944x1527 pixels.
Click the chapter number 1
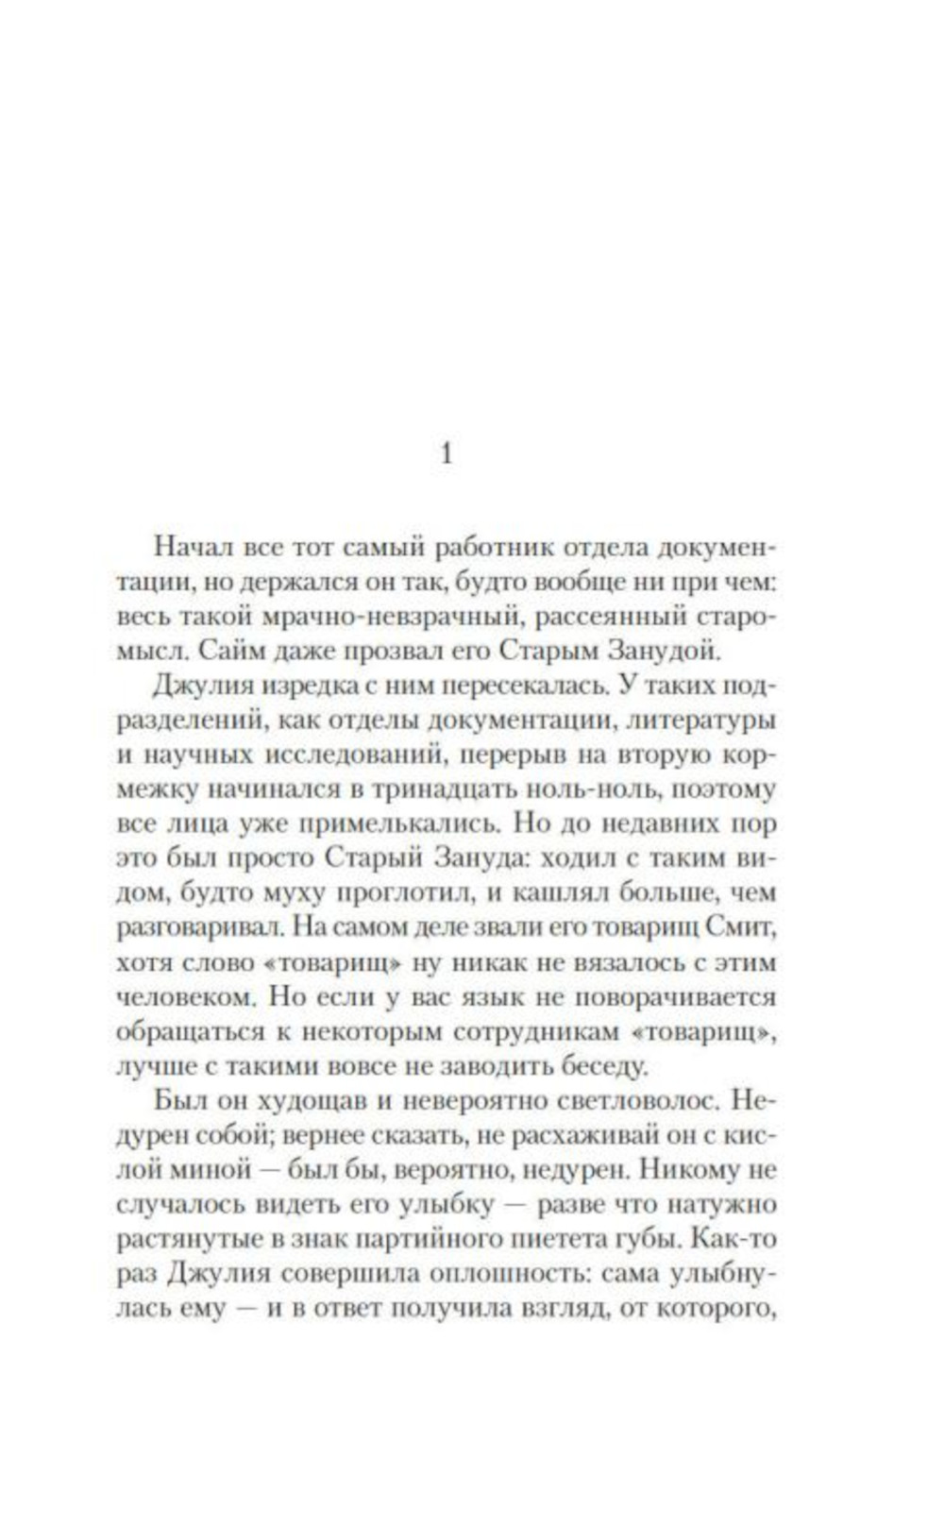click(x=447, y=453)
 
